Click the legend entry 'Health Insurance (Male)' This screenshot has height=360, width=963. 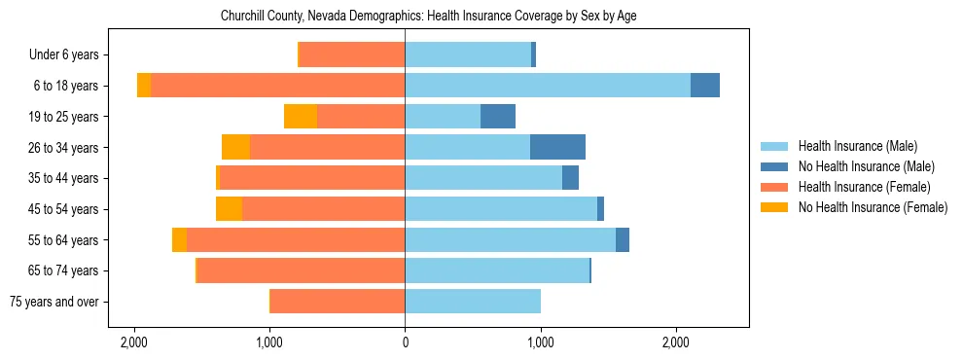(x=857, y=146)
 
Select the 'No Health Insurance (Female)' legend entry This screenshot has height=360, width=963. (x=873, y=207)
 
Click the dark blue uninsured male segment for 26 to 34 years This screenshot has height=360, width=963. (x=557, y=147)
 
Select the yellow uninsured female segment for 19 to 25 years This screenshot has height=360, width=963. (x=301, y=117)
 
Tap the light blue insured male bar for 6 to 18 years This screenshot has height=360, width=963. (x=548, y=86)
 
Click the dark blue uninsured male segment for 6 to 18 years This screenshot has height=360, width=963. (x=705, y=86)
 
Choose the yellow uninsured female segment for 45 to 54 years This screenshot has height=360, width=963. (x=229, y=209)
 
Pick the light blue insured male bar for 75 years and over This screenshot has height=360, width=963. (x=473, y=302)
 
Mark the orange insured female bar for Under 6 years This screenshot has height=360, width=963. (x=352, y=54)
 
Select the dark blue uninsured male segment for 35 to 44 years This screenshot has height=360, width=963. (x=570, y=178)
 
